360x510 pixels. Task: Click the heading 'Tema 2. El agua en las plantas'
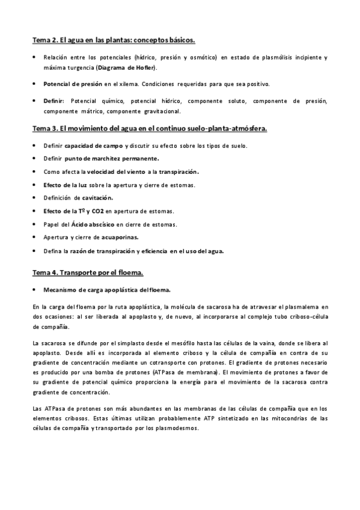point(114,40)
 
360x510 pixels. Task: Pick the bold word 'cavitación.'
point(97,198)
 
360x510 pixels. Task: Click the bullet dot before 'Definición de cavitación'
point(34,198)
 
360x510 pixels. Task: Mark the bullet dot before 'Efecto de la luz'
point(34,185)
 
